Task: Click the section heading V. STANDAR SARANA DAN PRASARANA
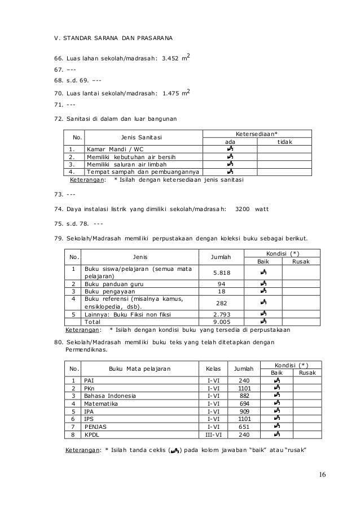click(110, 39)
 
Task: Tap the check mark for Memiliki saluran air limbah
click(230, 164)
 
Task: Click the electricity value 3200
click(243, 209)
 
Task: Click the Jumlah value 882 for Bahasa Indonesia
click(244, 396)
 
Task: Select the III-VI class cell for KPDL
click(213, 435)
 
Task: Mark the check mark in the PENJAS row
click(276, 427)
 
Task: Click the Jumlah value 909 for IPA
click(244, 412)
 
